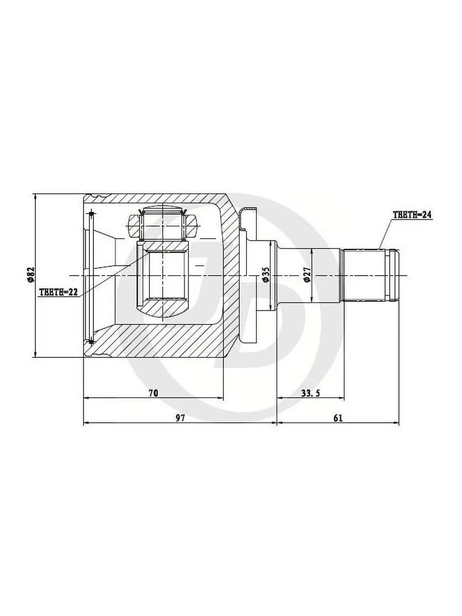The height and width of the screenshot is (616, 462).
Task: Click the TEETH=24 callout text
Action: point(412,215)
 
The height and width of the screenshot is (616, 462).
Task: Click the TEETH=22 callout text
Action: point(59,292)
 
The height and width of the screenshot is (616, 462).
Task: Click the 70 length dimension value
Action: point(153,393)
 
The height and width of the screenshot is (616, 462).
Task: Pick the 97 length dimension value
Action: point(180,418)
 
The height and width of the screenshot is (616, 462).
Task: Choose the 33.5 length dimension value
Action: point(311,393)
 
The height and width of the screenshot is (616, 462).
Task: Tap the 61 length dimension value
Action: point(338,418)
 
